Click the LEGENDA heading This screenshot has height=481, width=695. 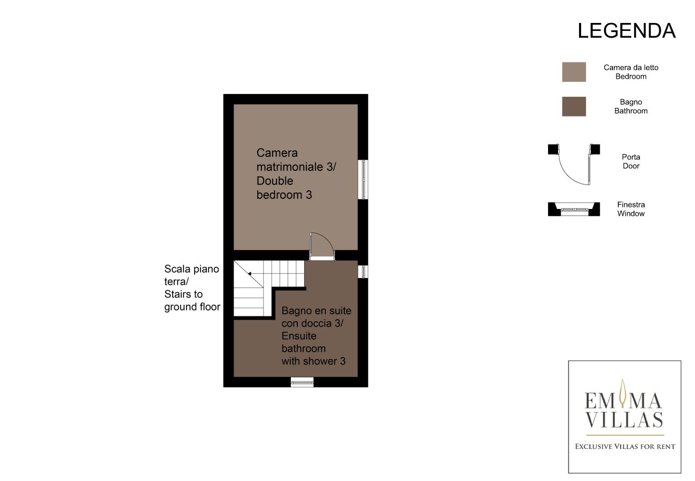[626, 31]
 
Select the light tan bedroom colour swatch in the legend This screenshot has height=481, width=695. [574, 72]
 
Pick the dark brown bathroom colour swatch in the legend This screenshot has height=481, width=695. [574, 106]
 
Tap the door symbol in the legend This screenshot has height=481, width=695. [574, 165]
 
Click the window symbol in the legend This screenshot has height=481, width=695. [574, 209]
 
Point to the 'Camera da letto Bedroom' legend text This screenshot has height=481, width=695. [631, 72]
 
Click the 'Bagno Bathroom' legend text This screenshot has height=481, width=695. [631, 106]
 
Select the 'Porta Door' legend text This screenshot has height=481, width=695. [631, 161]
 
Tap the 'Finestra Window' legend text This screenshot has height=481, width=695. [631, 209]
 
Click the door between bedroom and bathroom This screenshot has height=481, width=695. [322, 246]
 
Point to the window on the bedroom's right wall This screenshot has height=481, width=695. [363, 179]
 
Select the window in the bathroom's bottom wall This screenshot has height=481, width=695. [302, 382]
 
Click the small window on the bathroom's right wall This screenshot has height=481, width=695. [363, 271]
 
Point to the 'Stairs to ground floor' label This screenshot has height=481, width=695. [192, 300]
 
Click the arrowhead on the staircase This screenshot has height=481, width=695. [250, 274]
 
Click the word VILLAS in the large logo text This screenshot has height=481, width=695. [624, 420]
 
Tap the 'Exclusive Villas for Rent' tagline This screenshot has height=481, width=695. [625, 447]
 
